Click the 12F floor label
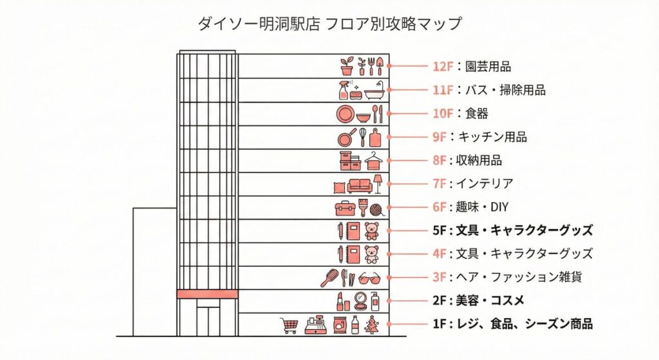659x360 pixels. tap(443, 66)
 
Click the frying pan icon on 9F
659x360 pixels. tap(346, 137)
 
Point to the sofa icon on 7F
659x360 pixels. tap(360, 185)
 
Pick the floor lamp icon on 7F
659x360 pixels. tap(378, 184)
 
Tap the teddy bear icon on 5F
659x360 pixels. tap(372, 231)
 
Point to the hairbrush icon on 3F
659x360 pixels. tap(329, 278)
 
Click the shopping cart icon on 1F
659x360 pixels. tap(289, 325)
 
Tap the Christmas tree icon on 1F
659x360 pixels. tap(372, 325)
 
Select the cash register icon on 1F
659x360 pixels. tap(315, 325)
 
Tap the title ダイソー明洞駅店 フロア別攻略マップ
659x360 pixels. tap(329, 24)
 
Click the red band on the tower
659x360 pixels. tap(207, 294)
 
